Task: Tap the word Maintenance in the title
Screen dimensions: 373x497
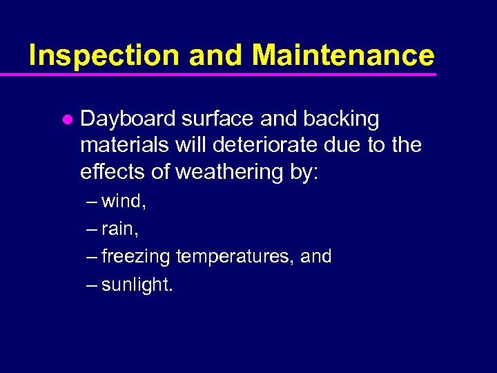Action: click(x=343, y=55)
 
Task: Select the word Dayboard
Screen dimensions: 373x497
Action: click(x=128, y=119)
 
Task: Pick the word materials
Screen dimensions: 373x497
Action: click(x=121, y=146)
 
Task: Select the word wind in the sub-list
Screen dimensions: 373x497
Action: click(x=124, y=202)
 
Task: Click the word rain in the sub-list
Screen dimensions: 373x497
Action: click(x=121, y=229)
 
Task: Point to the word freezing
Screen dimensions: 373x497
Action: click(x=136, y=257)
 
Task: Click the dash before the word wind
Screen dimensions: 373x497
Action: click(x=92, y=202)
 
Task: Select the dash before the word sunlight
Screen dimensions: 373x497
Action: click(x=92, y=285)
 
